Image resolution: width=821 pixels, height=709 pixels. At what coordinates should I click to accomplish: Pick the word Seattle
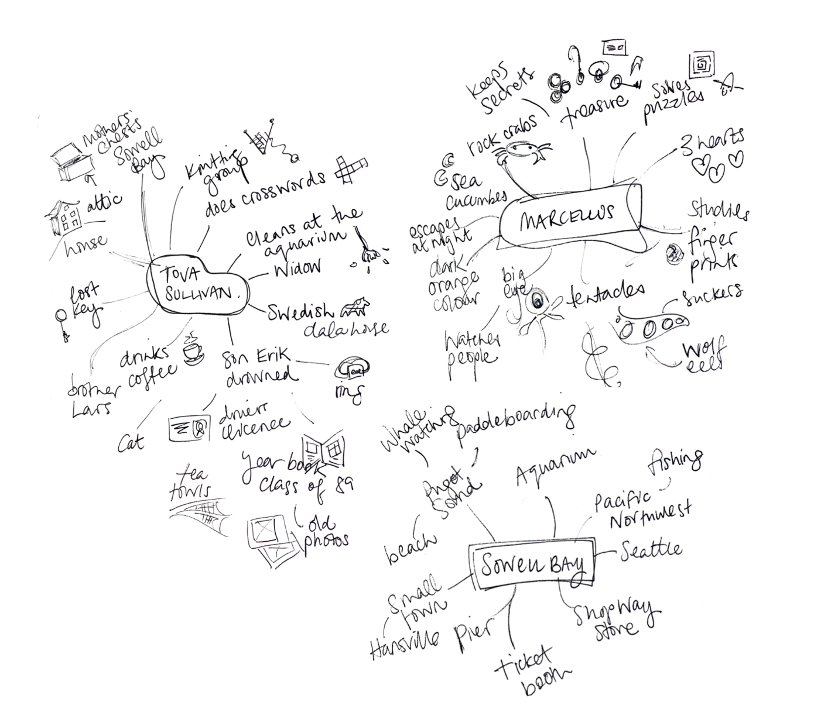[651, 550]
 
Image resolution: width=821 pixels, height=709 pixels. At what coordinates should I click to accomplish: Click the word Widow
[296, 268]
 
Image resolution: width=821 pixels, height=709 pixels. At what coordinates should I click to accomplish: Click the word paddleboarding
[515, 422]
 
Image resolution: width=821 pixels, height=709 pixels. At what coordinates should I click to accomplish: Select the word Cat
[131, 442]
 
